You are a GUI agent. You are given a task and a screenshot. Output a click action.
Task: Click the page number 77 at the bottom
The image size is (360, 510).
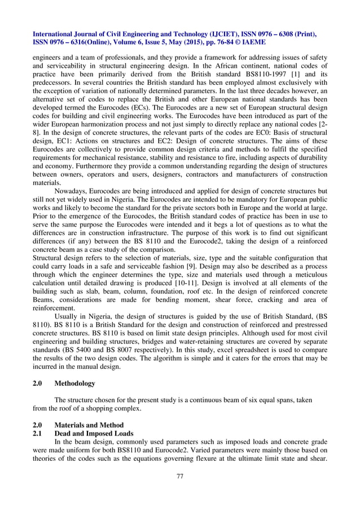[180, 477]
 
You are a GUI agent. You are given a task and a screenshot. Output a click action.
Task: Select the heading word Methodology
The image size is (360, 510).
[75, 383]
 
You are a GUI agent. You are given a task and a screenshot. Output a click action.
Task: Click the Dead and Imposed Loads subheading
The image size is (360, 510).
[90, 433]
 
